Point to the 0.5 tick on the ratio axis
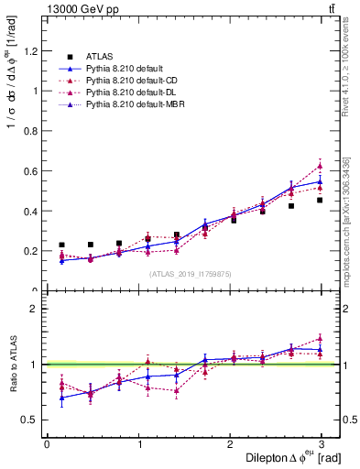[29, 420]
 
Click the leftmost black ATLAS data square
[61, 245]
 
